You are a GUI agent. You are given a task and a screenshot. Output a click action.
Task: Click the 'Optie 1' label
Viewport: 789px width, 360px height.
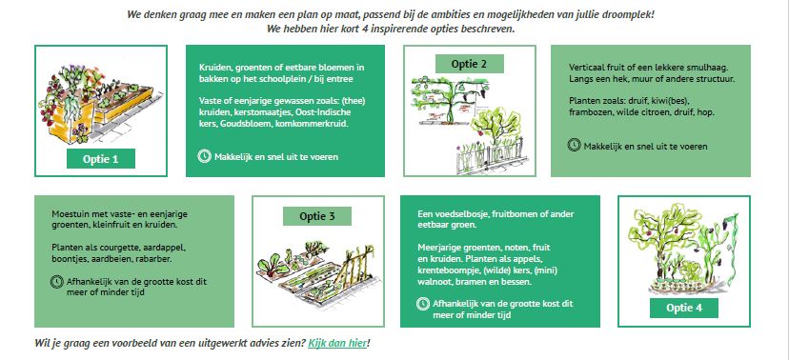coord(101,158)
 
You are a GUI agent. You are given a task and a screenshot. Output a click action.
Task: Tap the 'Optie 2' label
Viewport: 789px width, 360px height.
coord(469,64)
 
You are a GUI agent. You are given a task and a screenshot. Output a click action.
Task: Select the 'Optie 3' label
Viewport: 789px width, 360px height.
coord(317,216)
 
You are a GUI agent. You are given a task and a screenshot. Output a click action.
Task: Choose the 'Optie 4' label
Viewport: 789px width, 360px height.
coord(684,308)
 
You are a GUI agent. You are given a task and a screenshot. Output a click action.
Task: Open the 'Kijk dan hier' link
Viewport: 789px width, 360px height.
coord(337,344)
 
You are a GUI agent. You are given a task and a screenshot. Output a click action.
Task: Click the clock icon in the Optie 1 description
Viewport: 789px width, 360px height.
coord(204,156)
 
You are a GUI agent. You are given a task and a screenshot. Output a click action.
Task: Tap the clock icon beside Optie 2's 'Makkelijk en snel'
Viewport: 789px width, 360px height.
coord(575,146)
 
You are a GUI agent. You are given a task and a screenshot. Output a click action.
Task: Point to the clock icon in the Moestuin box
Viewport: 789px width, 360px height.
coord(57,282)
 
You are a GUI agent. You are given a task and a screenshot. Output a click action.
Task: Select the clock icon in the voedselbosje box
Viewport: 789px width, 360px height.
coord(423,304)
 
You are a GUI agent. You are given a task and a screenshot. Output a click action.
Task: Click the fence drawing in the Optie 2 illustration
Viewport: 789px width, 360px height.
coord(491,156)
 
